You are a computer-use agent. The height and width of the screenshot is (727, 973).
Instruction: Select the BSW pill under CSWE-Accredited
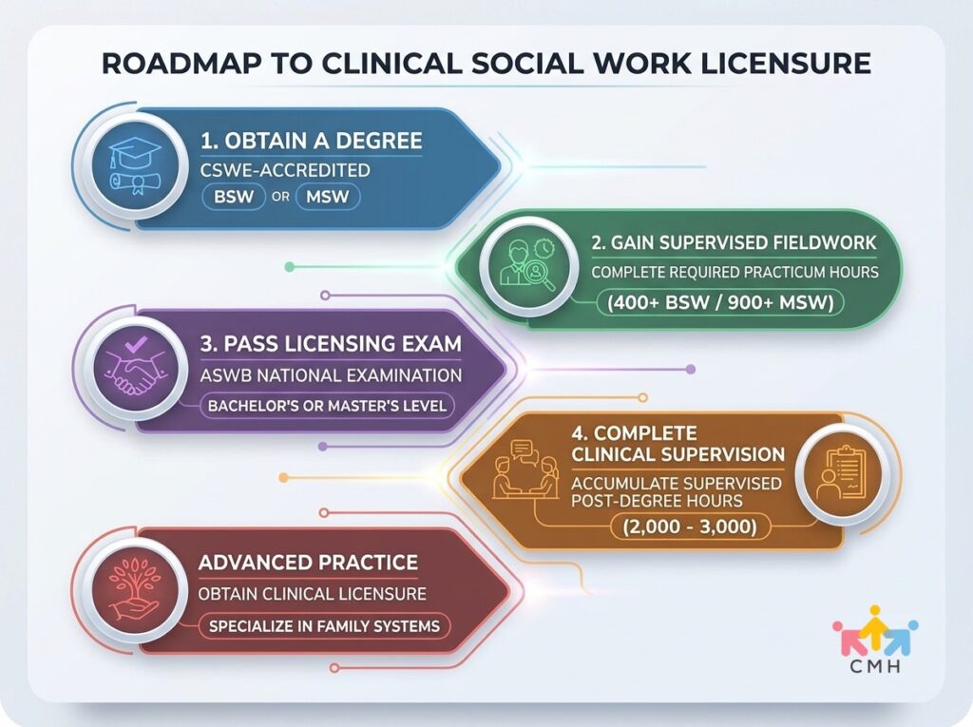coord(234,197)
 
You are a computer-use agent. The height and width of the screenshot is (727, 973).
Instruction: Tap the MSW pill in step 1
coord(328,197)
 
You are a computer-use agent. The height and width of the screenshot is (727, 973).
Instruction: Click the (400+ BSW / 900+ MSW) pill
coord(720,303)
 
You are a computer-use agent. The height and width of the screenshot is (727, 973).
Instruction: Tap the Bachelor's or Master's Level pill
coord(327,406)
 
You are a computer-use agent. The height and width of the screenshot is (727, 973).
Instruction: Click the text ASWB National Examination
coord(331,375)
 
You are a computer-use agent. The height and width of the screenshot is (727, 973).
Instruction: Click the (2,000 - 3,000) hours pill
coord(690,527)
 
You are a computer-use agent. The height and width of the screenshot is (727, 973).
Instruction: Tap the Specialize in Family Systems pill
coord(324,626)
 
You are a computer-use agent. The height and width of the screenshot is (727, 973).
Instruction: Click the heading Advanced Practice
coord(309,563)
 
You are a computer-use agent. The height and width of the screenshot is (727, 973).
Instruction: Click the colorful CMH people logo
coord(875,639)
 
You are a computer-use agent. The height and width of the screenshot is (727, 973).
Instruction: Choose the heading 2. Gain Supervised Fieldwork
coord(734,242)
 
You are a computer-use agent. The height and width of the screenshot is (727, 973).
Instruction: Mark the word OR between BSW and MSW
coord(280,198)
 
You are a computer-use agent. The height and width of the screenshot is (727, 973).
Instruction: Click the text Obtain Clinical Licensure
coord(312,594)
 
